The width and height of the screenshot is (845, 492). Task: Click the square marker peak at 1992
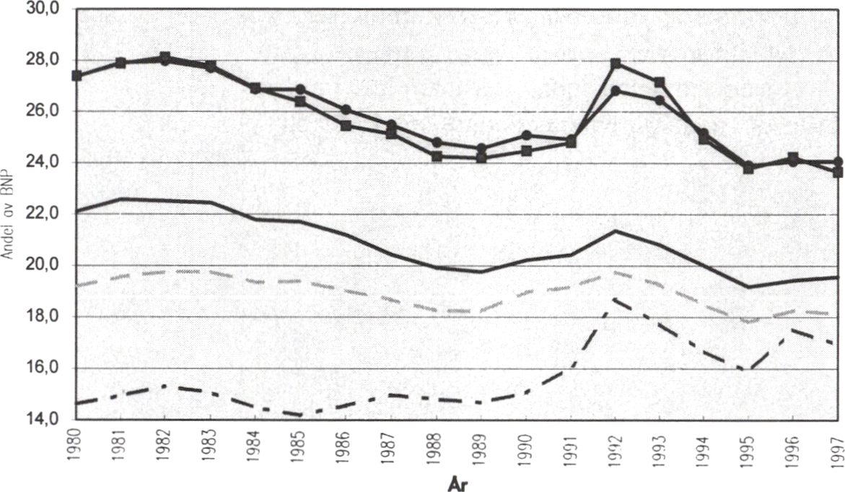pyautogui.click(x=616, y=64)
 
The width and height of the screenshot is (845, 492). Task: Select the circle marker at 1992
pyautogui.click(x=616, y=91)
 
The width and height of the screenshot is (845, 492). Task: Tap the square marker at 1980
pyautogui.click(x=76, y=75)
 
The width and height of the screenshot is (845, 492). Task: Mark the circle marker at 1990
pyautogui.click(x=527, y=135)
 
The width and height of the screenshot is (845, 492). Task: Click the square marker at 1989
pyautogui.click(x=481, y=157)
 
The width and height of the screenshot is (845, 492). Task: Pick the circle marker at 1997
pyautogui.click(x=837, y=162)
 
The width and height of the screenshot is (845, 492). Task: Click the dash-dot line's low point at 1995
pyautogui.click(x=748, y=370)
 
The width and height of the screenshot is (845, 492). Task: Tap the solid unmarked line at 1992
pyautogui.click(x=616, y=230)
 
